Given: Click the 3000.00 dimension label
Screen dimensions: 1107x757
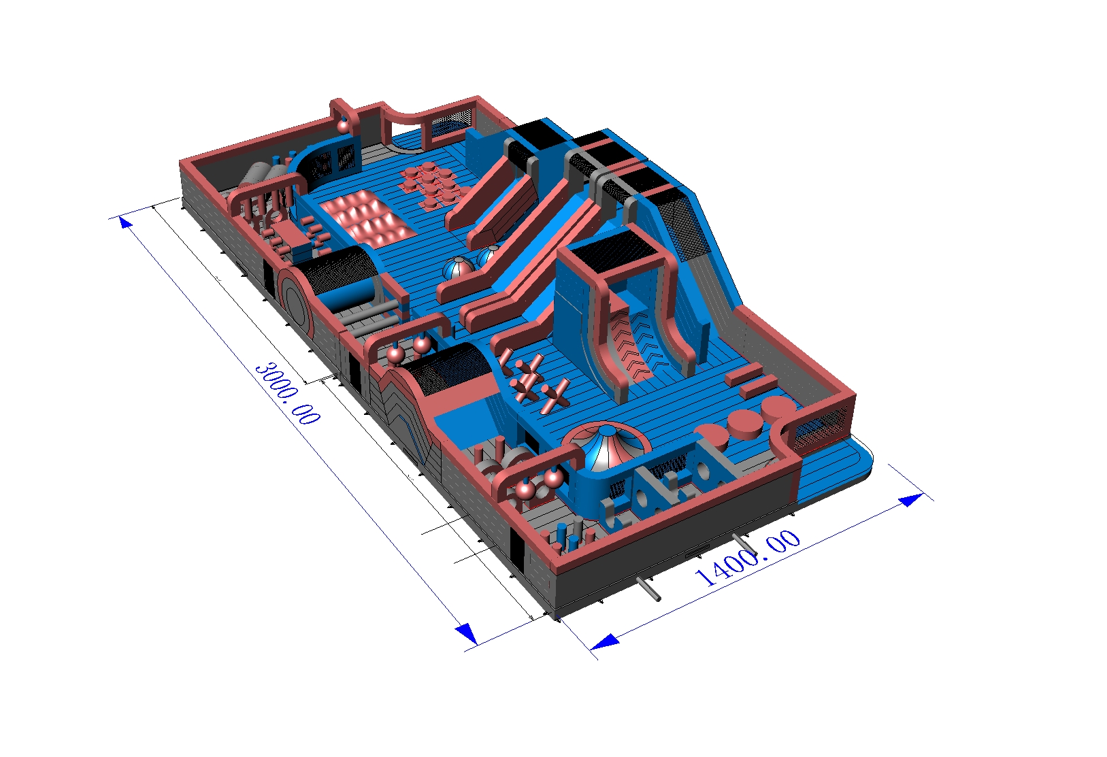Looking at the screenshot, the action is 287,393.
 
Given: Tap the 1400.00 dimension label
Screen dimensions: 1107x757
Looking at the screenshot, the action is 747,558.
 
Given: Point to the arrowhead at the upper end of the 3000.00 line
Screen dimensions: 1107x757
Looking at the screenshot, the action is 125,223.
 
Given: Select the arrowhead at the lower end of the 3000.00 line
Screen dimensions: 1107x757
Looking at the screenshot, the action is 467,633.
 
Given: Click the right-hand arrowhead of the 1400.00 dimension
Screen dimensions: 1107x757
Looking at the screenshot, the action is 911,499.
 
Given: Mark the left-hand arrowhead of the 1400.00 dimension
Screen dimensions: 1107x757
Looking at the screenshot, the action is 604,641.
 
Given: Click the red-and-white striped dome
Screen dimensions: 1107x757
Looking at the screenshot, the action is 606,445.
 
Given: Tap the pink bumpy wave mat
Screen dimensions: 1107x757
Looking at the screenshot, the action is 365,218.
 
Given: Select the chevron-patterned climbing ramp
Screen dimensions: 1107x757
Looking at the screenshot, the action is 638,346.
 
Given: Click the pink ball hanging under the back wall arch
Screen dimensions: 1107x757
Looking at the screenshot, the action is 343,127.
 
